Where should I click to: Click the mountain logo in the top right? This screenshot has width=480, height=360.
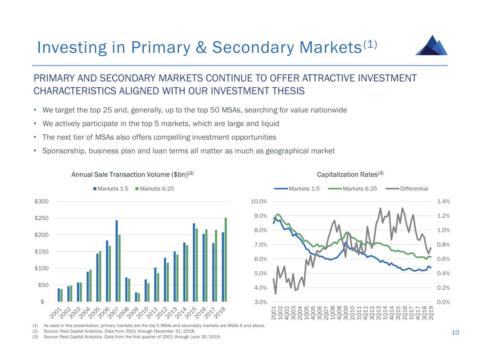431,45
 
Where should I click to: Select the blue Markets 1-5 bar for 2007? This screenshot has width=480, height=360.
117,261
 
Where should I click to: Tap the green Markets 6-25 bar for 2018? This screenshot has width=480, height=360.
226,260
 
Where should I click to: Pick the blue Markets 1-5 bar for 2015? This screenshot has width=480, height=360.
194,262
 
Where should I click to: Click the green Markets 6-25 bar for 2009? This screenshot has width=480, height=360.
139,297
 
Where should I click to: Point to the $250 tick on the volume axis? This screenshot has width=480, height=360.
41,218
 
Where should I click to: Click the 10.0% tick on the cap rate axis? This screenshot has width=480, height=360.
259,201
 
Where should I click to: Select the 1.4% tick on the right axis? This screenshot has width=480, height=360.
443,201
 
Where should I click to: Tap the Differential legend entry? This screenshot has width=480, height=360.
414,189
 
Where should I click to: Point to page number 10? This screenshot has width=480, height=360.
455,333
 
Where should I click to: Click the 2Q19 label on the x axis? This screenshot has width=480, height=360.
431,313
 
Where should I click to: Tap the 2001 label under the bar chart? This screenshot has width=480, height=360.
56,312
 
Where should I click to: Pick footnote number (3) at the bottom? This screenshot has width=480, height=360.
35,337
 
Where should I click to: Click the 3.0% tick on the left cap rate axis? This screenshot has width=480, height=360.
261,302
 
